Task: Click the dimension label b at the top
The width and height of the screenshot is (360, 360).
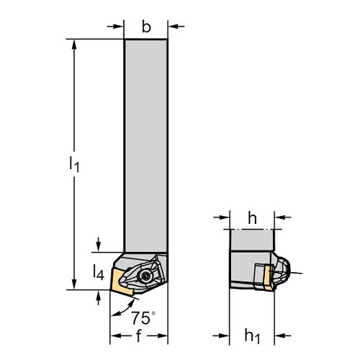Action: (x=146, y=27)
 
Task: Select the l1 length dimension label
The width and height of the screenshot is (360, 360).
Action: (x=74, y=163)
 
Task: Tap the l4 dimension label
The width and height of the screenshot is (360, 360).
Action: (x=99, y=272)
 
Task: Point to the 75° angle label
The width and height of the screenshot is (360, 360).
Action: (x=143, y=318)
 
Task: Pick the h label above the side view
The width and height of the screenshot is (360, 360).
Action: (x=252, y=218)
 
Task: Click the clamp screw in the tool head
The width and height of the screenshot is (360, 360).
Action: (x=145, y=276)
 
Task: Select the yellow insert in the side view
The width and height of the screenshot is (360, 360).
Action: (x=268, y=276)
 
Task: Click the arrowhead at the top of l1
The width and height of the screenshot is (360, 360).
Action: (x=74, y=45)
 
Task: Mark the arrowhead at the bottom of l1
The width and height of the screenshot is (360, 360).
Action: (x=74, y=284)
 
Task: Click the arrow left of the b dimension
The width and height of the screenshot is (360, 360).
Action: (x=115, y=26)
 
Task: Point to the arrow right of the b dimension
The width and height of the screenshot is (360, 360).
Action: (x=176, y=26)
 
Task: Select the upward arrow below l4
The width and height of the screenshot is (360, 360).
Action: (x=98, y=297)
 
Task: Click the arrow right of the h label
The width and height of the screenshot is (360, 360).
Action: (x=282, y=217)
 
